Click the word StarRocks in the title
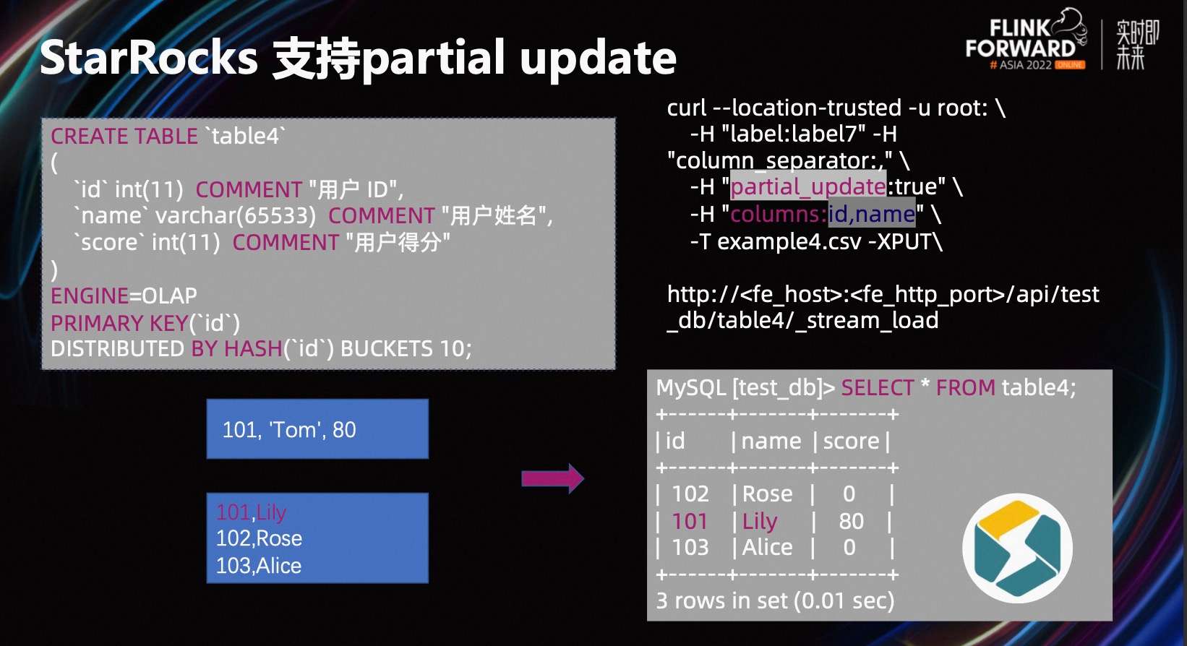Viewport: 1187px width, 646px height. point(148,58)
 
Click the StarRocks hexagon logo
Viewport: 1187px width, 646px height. point(1017,548)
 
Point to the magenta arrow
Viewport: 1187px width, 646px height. point(552,478)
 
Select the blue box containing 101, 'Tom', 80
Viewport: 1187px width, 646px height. point(317,429)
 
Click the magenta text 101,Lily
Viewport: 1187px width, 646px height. point(251,512)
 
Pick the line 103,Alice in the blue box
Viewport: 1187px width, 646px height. point(259,565)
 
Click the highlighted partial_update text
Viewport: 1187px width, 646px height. point(808,186)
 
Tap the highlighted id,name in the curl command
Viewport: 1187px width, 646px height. point(872,214)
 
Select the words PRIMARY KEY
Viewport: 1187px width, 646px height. point(119,322)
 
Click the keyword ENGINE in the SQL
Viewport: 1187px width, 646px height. point(90,296)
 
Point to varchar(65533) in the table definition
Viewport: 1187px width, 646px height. point(236,215)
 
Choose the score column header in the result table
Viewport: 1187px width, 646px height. point(851,441)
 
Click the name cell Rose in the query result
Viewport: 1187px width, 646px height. point(767,494)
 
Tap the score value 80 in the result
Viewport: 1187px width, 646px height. point(851,521)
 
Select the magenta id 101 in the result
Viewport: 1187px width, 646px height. point(690,521)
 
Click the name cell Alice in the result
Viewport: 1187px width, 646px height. point(767,547)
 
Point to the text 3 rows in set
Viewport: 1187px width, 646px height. point(723,600)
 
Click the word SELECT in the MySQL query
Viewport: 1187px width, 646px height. point(877,388)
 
